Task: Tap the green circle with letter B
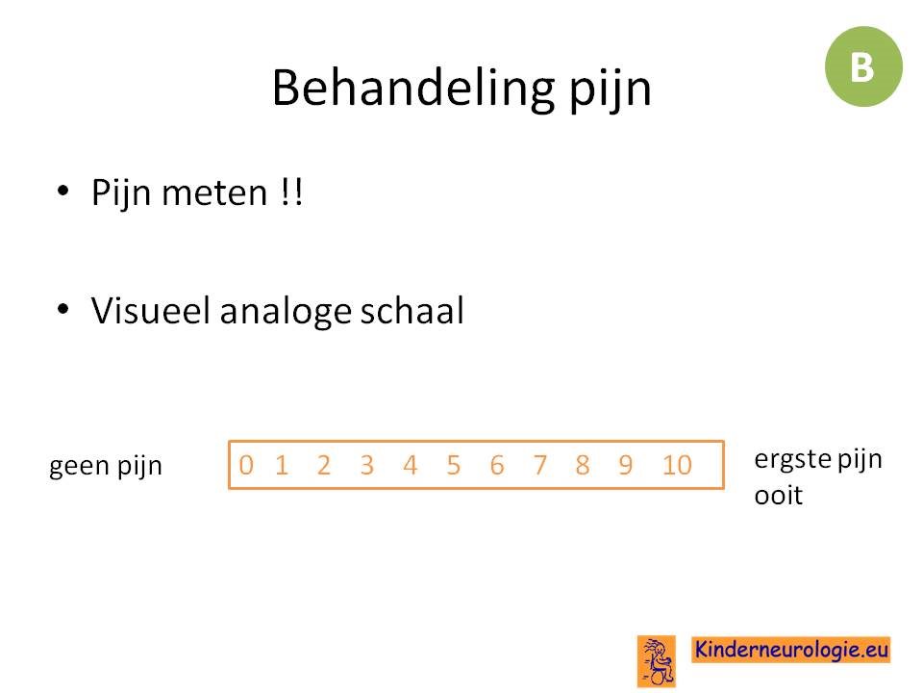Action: (x=863, y=66)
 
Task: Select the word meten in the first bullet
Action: (x=214, y=193)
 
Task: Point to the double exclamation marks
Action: (x=291, y=192)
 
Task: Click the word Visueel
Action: (x=150, y=310)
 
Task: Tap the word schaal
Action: (x=412, y=310)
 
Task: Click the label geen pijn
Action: (x=106, y=467)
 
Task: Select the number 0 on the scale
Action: (x=246, y=465)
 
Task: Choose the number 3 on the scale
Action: (x=366, y=465)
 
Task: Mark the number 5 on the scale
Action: (x=453, y=465)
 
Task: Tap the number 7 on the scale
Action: (x=539, y=465)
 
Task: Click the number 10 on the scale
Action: (x=677, y=465)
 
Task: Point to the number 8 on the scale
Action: (x=583, y=465)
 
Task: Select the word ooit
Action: (x=778, y=495)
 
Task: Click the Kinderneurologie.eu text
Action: (x=791, y=650)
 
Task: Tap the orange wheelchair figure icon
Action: (x=657, y=661)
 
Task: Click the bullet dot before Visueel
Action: (x=63, y=308)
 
